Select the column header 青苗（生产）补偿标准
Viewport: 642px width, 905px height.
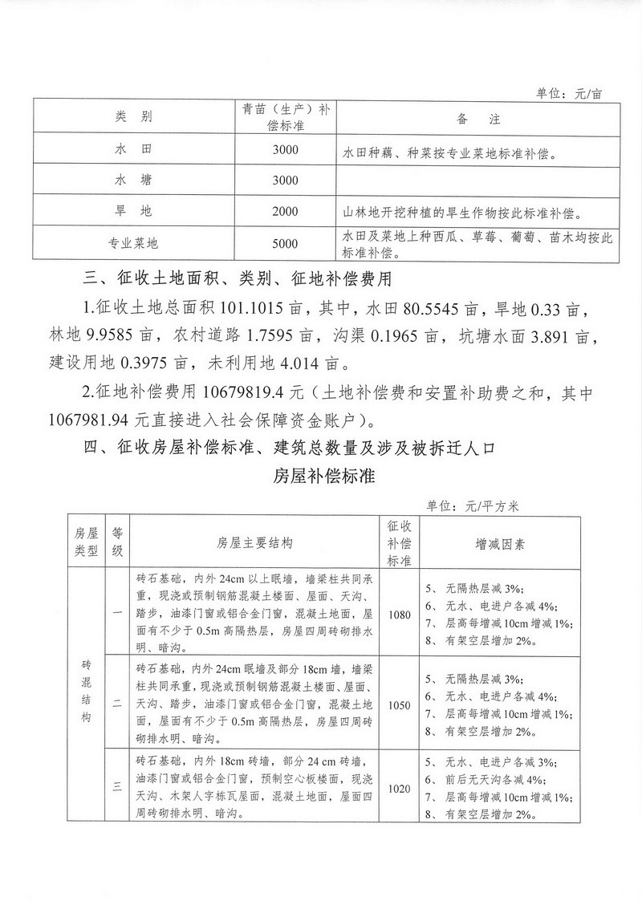click(x=285, y=118)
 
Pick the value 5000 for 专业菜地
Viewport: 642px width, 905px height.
click(x=285, y=244)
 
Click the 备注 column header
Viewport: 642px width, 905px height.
click(x=478, y=119)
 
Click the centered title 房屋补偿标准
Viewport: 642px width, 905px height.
click(x=321, y=475)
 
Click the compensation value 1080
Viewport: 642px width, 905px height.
click(x=398, y=615)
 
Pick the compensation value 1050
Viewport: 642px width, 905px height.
click(x=398, y=705)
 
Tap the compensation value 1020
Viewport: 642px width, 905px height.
click(x=398, y=789)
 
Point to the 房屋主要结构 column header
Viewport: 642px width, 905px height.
click(x=255, y=543)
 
